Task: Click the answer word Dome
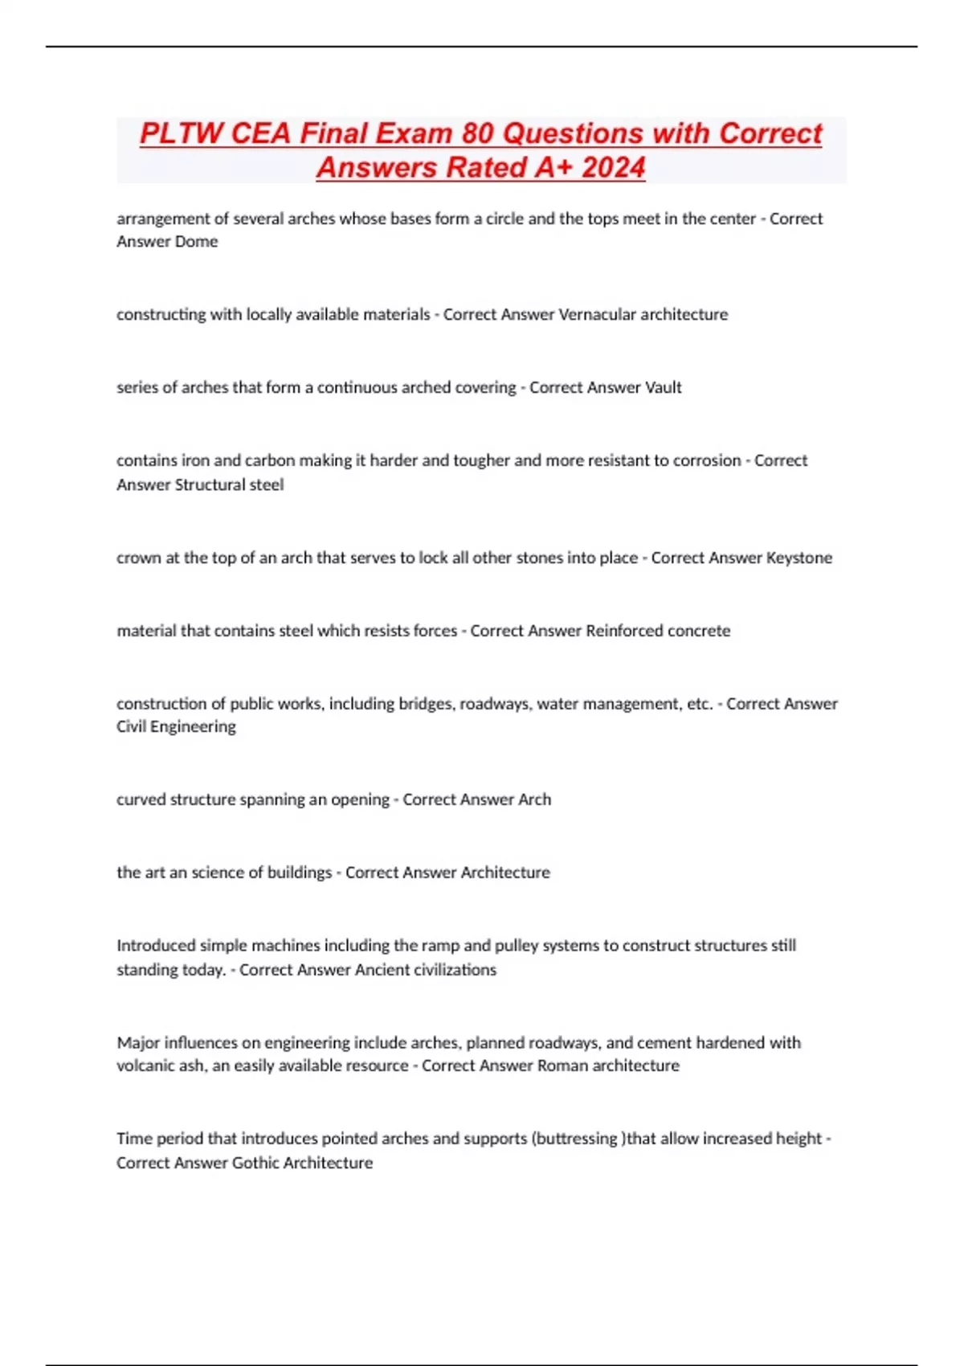(x=198, y=242)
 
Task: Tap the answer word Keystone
(x=799, y=558)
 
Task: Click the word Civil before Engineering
(x=132, y=726)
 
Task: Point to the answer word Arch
(x=535, y=800)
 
